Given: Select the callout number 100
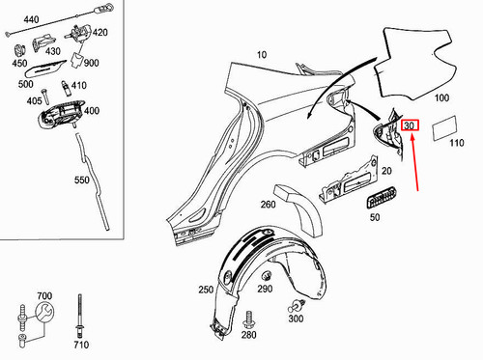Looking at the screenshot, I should [x=442, y=98].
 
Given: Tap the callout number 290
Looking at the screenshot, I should [x=265, y=289].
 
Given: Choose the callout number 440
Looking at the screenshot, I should [x=31, y=19].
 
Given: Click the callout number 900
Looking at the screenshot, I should [x=92, y=63].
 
